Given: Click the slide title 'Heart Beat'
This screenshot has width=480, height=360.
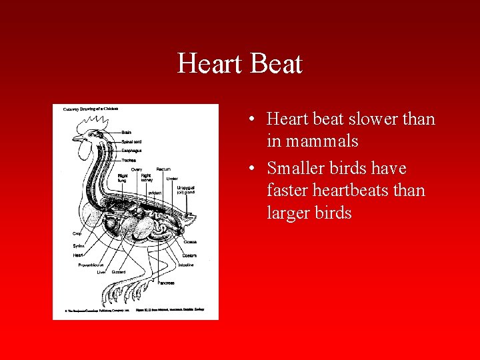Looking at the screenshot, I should (x=240, y=64).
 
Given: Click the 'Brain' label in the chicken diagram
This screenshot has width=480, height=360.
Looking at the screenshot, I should (x=126, y=132).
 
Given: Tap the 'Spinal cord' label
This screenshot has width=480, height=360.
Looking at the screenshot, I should (x=131, y=141).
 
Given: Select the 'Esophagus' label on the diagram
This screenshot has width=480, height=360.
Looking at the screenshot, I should (x=131, y=151).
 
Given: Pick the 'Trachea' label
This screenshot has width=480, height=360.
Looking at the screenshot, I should (x=129, y=160).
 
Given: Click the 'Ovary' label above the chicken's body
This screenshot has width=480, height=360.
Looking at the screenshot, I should (x=136, y=169).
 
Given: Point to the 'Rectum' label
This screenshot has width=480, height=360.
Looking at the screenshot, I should (x=163, y=169).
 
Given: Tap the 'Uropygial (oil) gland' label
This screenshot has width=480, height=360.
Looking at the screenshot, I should (x=185, y=191).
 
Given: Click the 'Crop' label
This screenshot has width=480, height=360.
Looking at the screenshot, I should (x=77, y=234).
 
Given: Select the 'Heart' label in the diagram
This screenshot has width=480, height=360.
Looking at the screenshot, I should (x=78, y=255).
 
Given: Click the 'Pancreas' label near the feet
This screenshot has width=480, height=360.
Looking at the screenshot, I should (x=166, y=283).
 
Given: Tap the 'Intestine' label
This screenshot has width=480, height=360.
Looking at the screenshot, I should (x=186, y=265).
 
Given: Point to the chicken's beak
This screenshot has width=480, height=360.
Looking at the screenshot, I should (x=75, y=139).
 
